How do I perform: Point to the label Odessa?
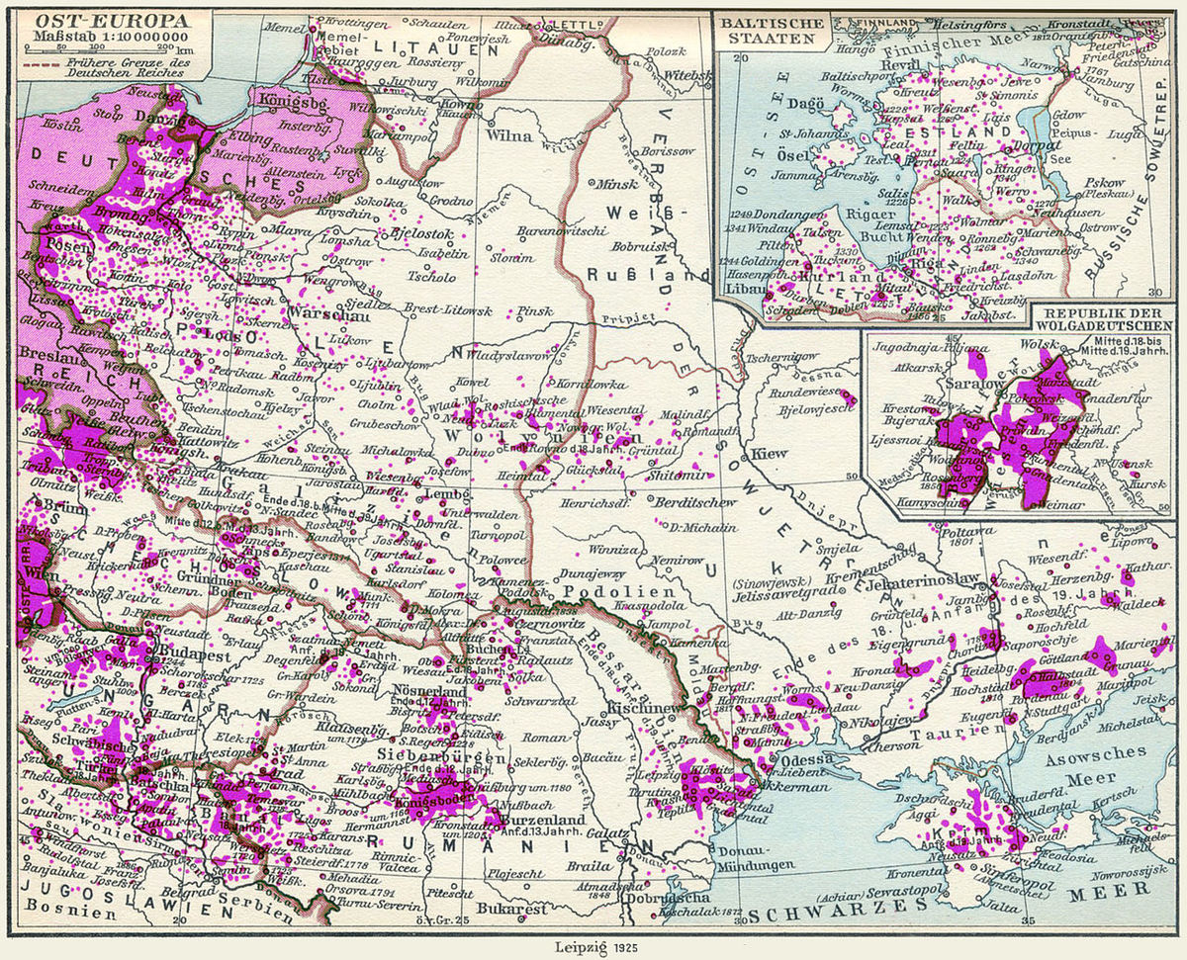[x=799, y=759]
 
